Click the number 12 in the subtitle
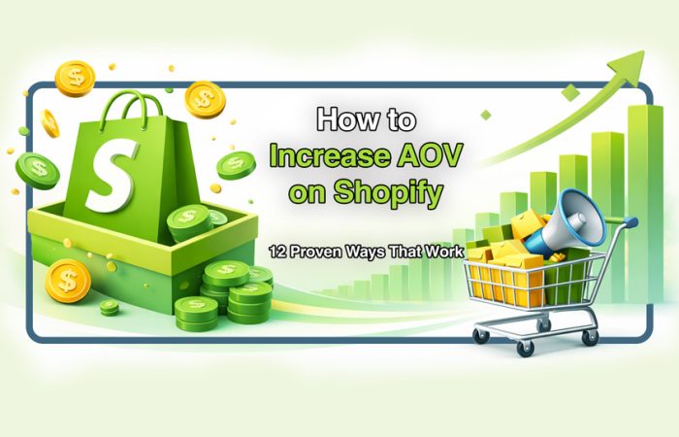280,251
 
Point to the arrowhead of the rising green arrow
622,70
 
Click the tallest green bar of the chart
643,194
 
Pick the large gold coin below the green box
68,281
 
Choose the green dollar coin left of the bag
37,169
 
